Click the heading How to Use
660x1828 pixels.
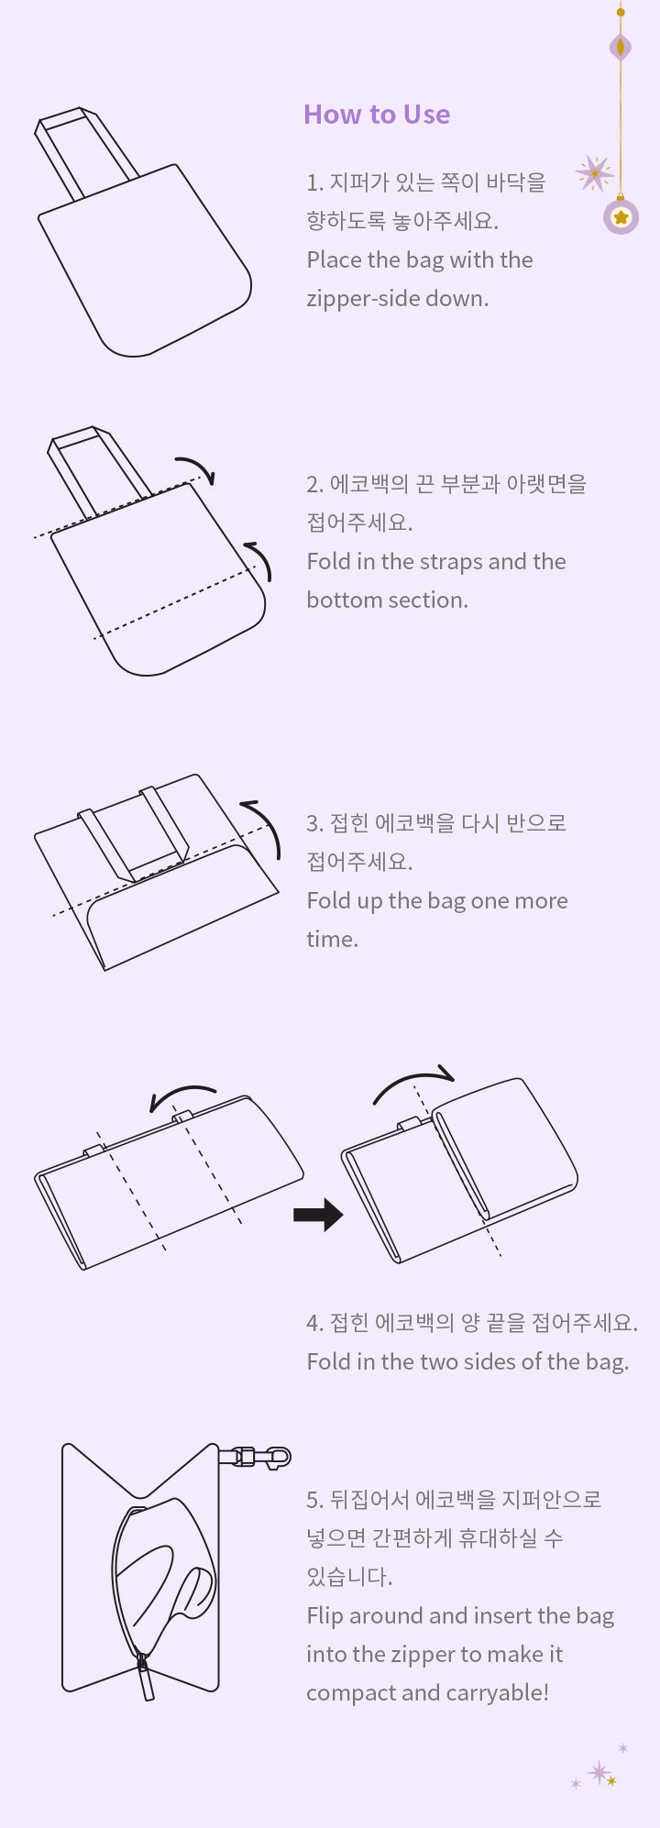[377, 115]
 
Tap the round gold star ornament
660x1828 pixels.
[621, 217]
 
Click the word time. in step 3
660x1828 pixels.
[332, 940]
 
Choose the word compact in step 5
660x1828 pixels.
[347, 1693]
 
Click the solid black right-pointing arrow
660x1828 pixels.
[317, 1216]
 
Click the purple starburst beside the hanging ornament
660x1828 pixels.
[594, 173]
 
